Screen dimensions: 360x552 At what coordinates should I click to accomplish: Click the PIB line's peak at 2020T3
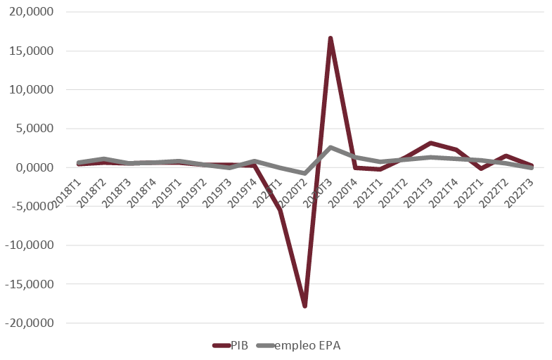(330, 38)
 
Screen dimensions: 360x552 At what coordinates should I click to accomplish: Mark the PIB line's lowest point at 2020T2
(305, 306)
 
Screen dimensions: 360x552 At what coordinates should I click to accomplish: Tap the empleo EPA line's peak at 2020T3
(330, 148)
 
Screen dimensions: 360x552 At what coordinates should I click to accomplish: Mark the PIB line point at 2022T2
(506, 156)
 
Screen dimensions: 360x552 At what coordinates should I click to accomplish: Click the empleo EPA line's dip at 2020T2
(305, 173)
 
